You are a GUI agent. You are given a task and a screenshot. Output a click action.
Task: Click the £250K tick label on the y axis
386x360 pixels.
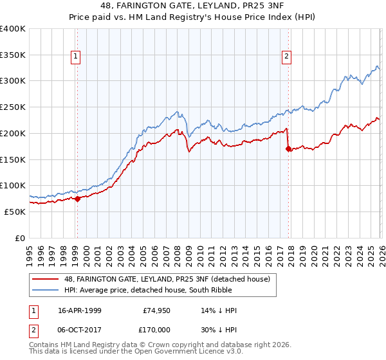[13, 107]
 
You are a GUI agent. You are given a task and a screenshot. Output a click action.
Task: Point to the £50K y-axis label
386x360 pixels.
[15, 212]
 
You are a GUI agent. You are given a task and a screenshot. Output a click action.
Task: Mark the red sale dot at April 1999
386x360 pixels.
[77, 199]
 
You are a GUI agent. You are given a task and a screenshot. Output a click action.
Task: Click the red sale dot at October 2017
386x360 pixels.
[288, 148]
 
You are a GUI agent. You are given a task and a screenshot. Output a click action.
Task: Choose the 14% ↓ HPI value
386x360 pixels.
[219, 310]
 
